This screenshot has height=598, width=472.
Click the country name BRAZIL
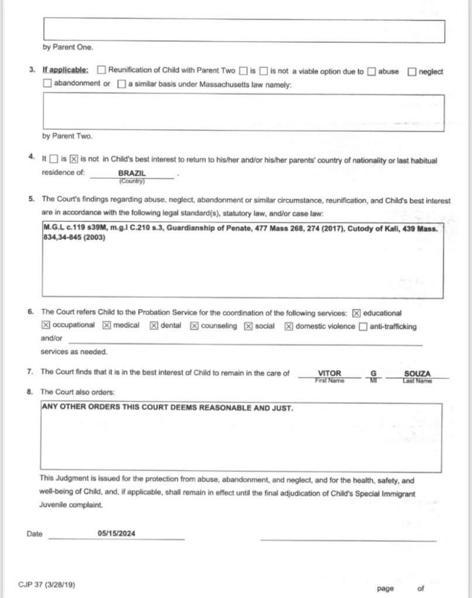(132, 173)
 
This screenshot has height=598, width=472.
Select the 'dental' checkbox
(154, 326)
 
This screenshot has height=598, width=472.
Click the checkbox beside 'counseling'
(194, 326)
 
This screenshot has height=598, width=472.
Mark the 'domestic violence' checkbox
(288, 326)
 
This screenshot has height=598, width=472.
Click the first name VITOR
(329, 373)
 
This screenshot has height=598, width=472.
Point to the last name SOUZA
(417, 373)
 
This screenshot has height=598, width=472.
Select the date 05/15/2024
(117, 533)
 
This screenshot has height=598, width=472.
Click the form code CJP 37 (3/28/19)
(47, 584)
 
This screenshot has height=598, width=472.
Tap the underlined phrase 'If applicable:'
(66, 71)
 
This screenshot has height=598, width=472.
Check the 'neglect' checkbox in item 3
(412, 72)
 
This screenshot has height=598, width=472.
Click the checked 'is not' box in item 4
(74, 159)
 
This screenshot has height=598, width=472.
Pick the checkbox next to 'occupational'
(46, 326)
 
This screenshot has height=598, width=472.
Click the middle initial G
(374, 373)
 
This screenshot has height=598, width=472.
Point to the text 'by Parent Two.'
(67, 136)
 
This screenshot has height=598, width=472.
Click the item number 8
(30, 391)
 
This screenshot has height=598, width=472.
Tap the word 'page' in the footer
(385, 588)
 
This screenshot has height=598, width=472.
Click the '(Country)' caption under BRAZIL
(132, 181)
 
